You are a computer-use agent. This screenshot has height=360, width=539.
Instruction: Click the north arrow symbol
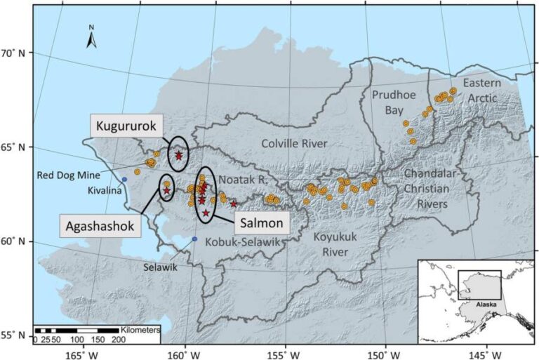(91, 38)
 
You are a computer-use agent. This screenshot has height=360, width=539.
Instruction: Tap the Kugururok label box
(127, 126)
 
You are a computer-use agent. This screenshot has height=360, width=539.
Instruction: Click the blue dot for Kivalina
(124, 180)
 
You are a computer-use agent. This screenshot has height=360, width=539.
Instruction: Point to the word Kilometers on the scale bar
(140, 329)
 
